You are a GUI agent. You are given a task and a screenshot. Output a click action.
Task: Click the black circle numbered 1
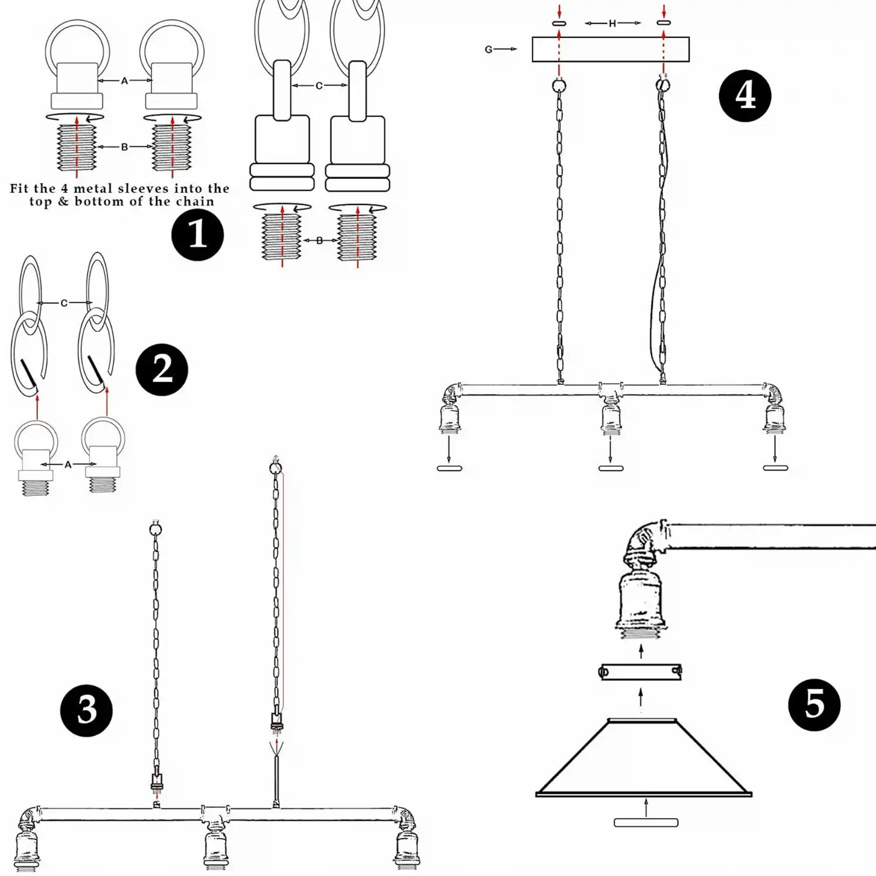click(x=197, y=235)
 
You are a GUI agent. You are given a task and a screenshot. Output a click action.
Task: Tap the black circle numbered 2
click(x=162, y=370)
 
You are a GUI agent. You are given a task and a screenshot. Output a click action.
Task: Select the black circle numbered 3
click(x=86, y=710)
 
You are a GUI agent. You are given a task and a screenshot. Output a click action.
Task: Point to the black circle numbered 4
click(x=745, y=96)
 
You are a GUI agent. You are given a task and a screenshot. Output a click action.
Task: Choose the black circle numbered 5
click(x=814, y=705)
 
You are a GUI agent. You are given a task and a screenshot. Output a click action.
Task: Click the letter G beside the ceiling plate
click(x=488, y=50)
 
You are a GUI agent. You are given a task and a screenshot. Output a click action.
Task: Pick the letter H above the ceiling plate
click(x=612, y=23)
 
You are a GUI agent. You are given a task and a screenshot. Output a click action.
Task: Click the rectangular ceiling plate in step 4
click(x=610, y=50)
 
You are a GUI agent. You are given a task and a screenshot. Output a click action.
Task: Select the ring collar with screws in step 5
click(x=641, y=672)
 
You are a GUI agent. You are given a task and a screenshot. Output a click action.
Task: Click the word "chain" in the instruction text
click(x=194, y=201)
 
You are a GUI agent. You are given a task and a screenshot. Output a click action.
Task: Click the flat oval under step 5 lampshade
click(x=646, y=823)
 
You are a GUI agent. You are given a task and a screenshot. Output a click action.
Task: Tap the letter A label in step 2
click(x=68, y=465)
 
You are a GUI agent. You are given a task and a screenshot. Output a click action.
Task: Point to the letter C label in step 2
click(x=64, y=303)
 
